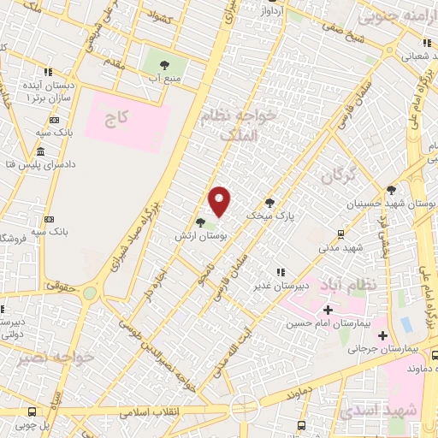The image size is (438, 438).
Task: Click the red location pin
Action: [221, 201]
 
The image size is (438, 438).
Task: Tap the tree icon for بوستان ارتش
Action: [200, 222]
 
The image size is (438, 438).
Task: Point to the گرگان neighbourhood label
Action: [338, 176]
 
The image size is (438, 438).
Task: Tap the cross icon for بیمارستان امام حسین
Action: [327, 309]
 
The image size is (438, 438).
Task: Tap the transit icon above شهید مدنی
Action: [341, 233]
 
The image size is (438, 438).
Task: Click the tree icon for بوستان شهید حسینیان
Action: [392, 190]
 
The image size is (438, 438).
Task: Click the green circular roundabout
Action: [90, 293]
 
